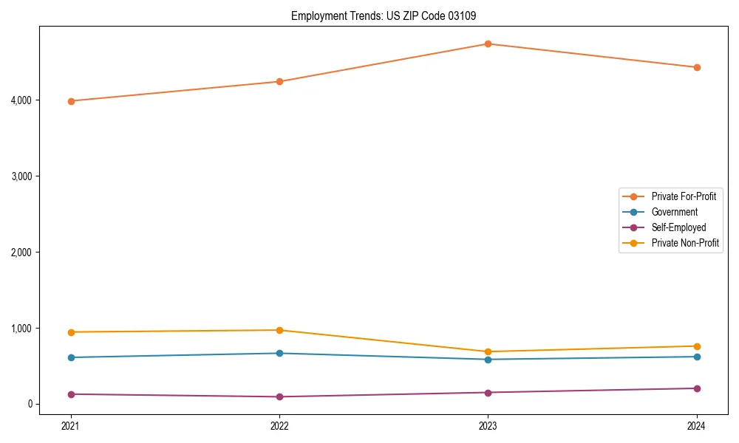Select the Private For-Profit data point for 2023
click(488, 44)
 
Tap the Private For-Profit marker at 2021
click(71, 101)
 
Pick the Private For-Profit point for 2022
click(279, 82)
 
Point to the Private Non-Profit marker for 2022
click(279, 330)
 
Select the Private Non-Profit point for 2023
click(488, 351)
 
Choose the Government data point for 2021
click(71, 357)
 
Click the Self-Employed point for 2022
click(279, 396)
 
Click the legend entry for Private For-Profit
click(683, 196)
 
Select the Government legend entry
click(674, 212)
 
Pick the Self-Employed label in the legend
click(678, 227)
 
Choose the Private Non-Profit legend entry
click(685, 243)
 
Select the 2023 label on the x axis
click(488, 426)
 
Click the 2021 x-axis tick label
click(71, 426)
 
